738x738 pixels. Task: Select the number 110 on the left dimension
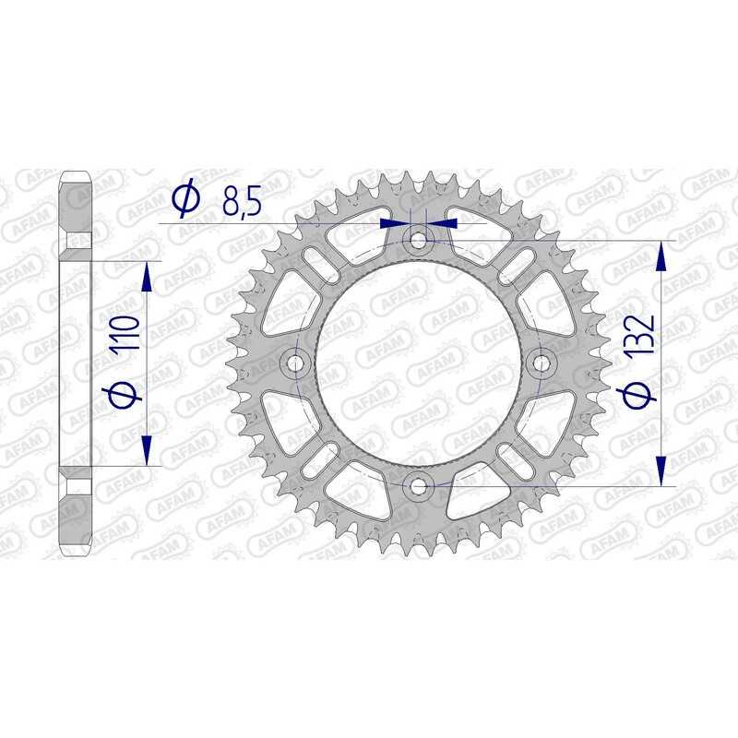tap(128, 337)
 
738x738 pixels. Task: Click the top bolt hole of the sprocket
tap(419, 242)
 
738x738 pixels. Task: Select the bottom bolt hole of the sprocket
tap(419, 485)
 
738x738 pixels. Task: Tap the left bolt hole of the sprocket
tap(297, 363)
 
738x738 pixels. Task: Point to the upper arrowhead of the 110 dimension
tap(146, 276)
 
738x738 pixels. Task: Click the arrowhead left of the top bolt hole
tap(395, 222)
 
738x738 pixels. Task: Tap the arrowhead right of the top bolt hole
tap(445, 222)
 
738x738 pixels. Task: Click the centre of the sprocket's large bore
tap(419, 363)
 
